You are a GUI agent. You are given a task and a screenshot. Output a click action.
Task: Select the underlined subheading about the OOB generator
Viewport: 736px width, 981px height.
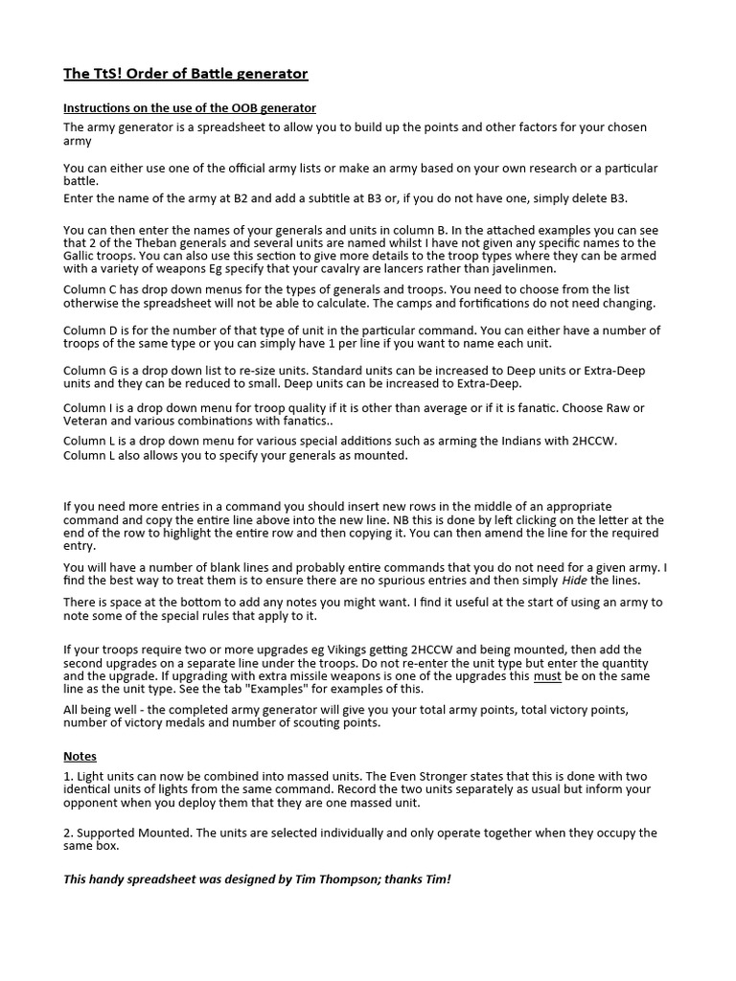pyautogui.click(x=190, y=108)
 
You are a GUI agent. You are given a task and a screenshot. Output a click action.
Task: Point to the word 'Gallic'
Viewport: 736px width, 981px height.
pyautogui.click(x=81, y=257)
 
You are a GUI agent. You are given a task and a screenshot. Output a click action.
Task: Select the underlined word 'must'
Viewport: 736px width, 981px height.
pyautogui.click(x=546, y=676)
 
